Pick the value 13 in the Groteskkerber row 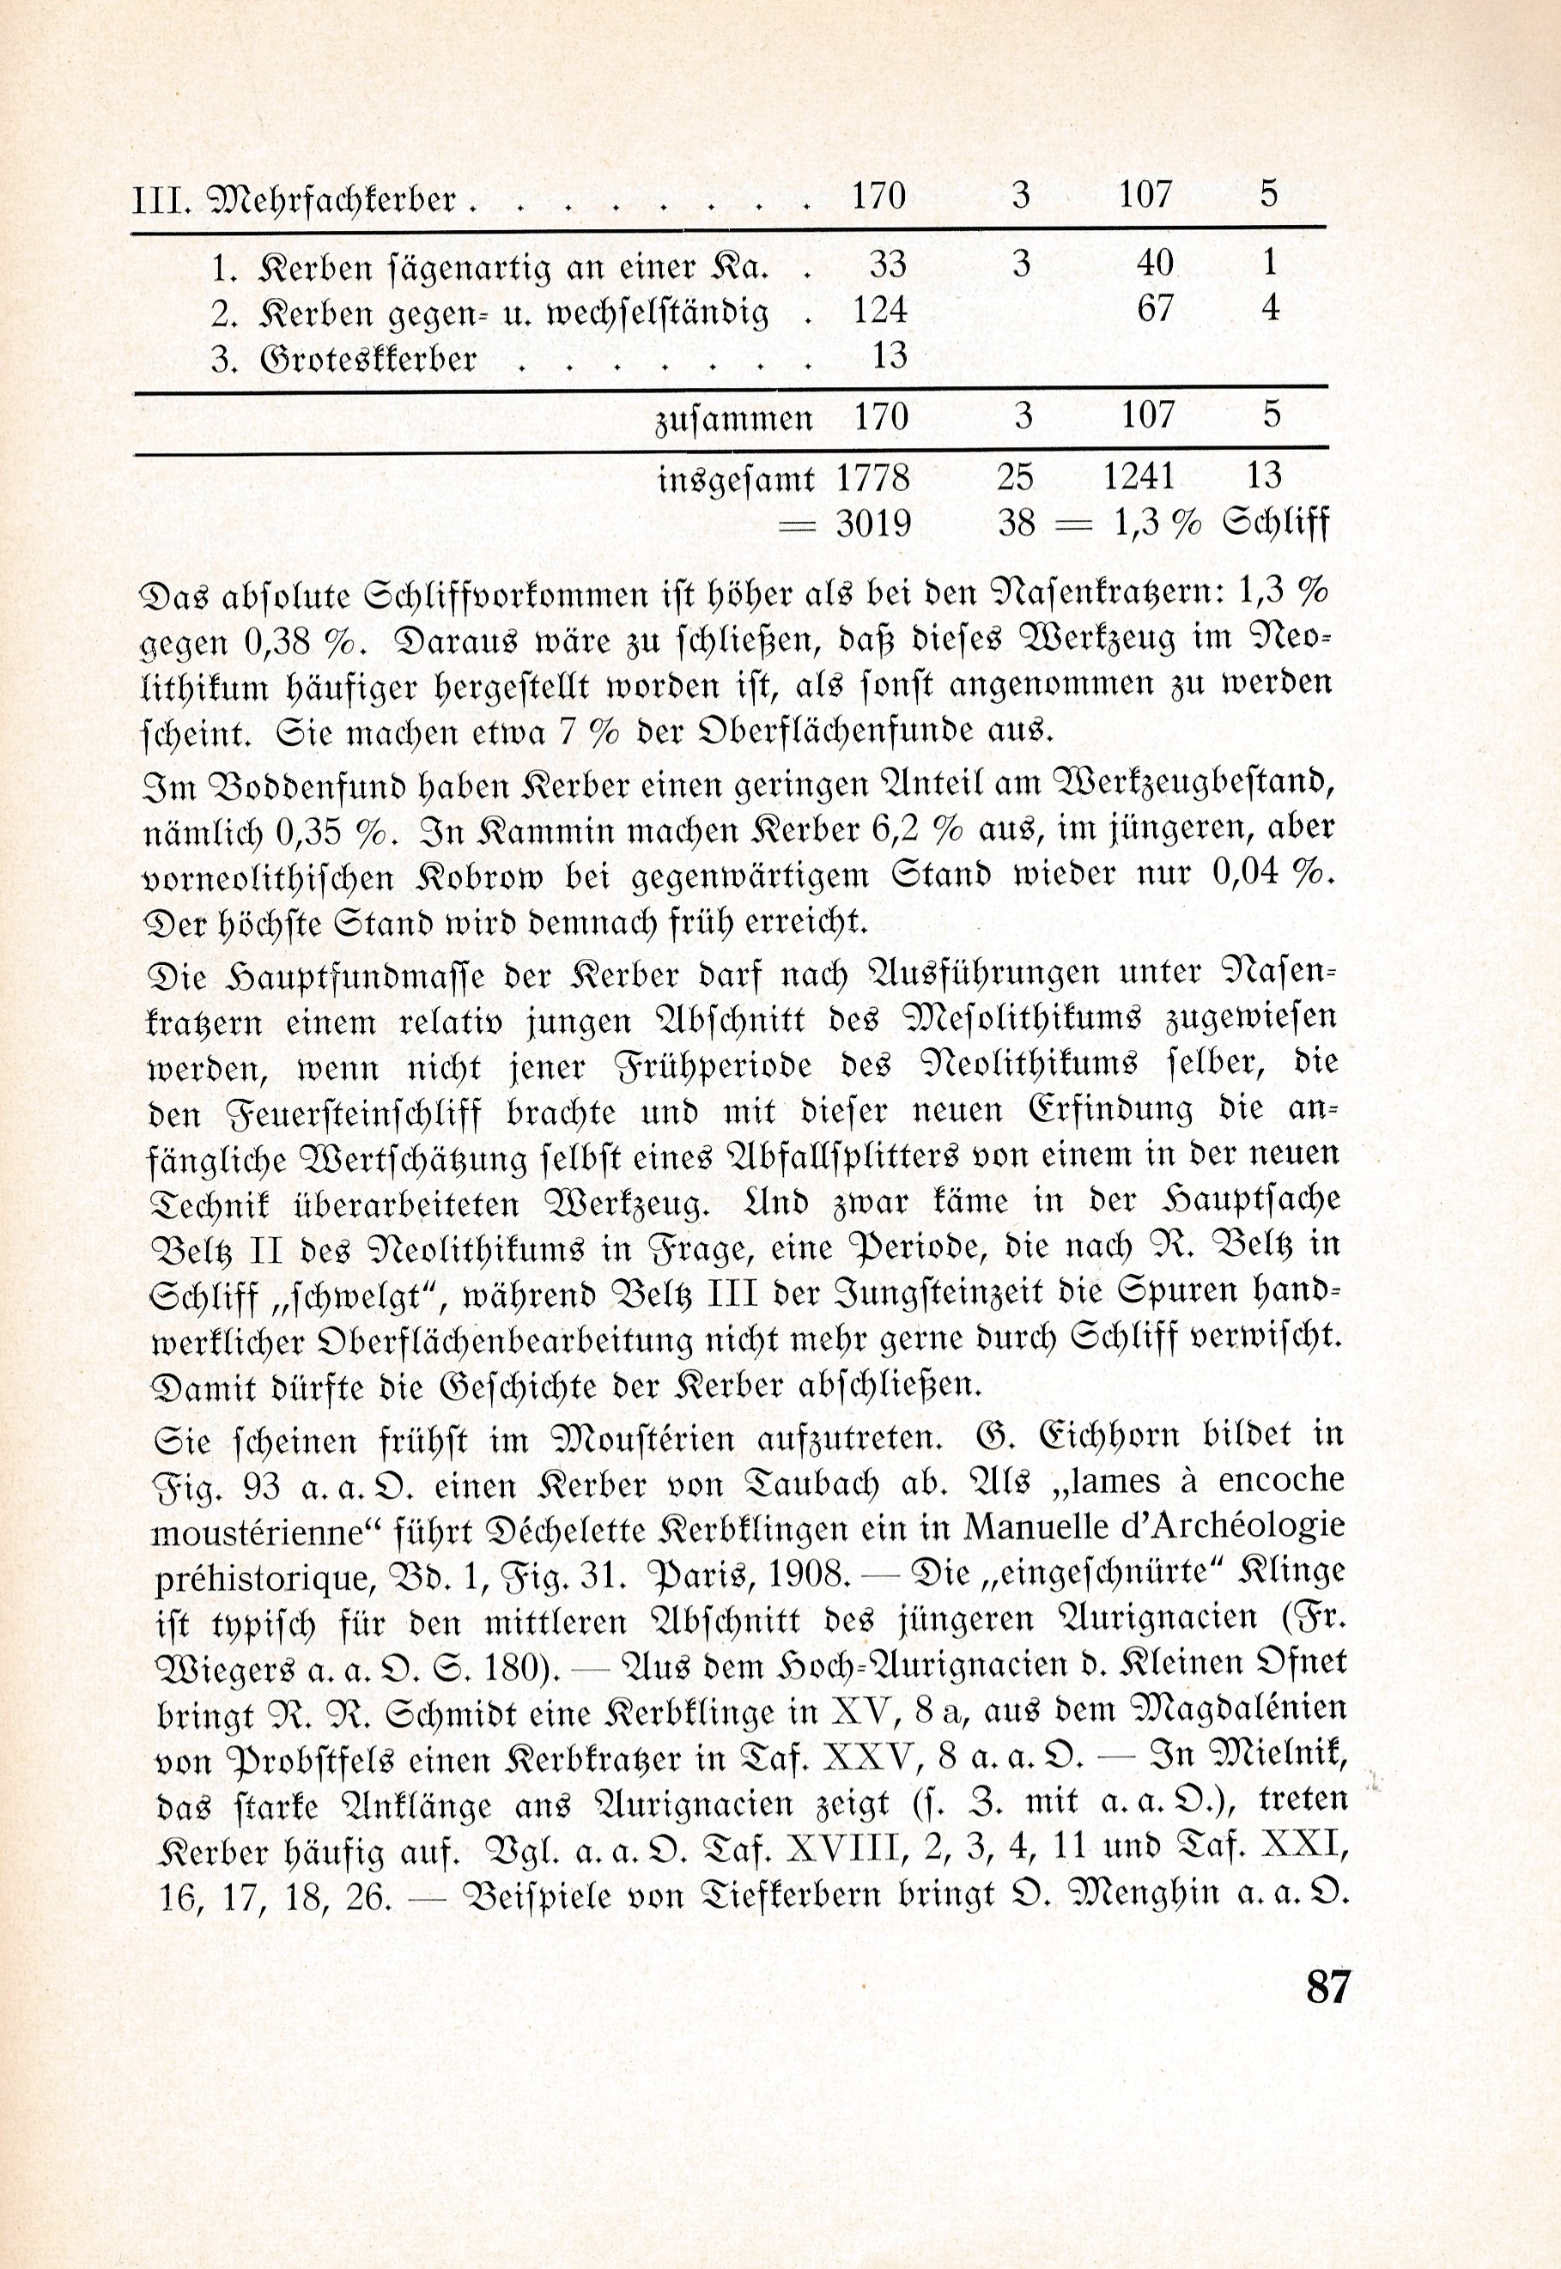[x=889, y=356]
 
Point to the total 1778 [x=872, y=477]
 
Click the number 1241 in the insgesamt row [x=1139, y=477]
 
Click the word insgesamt [x=737, y=479]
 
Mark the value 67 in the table [x=1154, y=310]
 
